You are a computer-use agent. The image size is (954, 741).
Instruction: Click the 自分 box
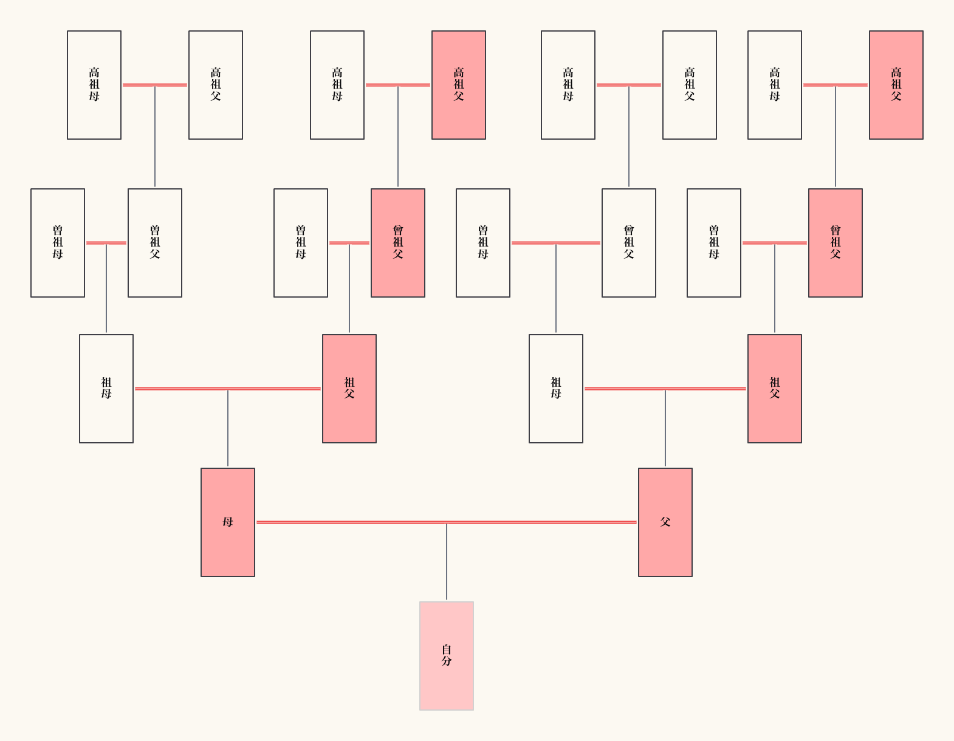click(x=446, y=655)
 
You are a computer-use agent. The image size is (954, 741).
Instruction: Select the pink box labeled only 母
click(x=227, y=522)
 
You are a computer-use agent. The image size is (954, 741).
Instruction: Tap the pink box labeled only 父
click(x=665, y=522)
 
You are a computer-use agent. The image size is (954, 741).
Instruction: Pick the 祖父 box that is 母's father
click(x=349, y=388)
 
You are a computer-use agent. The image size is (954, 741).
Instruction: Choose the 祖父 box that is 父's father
click(x=774, y=388)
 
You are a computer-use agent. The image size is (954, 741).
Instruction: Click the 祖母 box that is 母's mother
click(x=106, y=388)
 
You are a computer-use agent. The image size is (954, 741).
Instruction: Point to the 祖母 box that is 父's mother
click(x=555, y=388)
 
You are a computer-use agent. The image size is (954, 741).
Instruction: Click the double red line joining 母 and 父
click(x=365, y=522)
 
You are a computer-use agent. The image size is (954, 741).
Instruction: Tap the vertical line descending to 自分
click(x=446, y=562)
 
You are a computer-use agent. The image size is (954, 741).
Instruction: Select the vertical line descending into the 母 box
click(x=228, y=428)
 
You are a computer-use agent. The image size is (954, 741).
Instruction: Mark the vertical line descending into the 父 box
click(x=665, y=428)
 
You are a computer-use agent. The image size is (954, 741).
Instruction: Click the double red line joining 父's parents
click(x=705, y=388)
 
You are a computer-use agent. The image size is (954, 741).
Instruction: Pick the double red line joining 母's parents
click(x=182, y=388)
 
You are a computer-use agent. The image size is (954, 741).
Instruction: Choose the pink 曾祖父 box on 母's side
click(x=397, y=242)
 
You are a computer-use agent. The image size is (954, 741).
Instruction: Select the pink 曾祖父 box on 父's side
click(x=835, y=242)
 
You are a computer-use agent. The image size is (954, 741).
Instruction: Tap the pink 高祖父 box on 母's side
click(x=458, y=84)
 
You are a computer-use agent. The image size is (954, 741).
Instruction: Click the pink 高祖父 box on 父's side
click(x=896, y=84)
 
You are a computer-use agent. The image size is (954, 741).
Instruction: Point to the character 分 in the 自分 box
click(x=446, y=661)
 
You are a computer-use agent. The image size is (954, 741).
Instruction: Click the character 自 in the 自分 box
click(x=446, y=649)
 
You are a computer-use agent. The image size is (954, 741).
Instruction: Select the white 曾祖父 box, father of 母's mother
click(x=154, y=242)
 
